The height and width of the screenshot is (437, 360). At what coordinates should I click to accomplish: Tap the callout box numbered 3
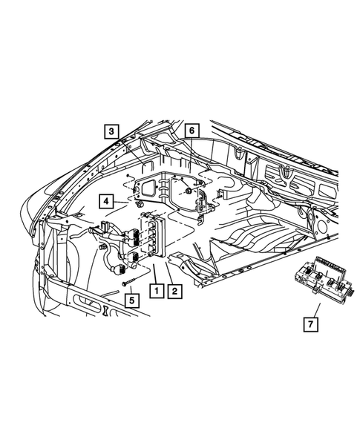point(111,131)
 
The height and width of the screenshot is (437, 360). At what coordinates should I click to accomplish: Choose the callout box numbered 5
point(131,301)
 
